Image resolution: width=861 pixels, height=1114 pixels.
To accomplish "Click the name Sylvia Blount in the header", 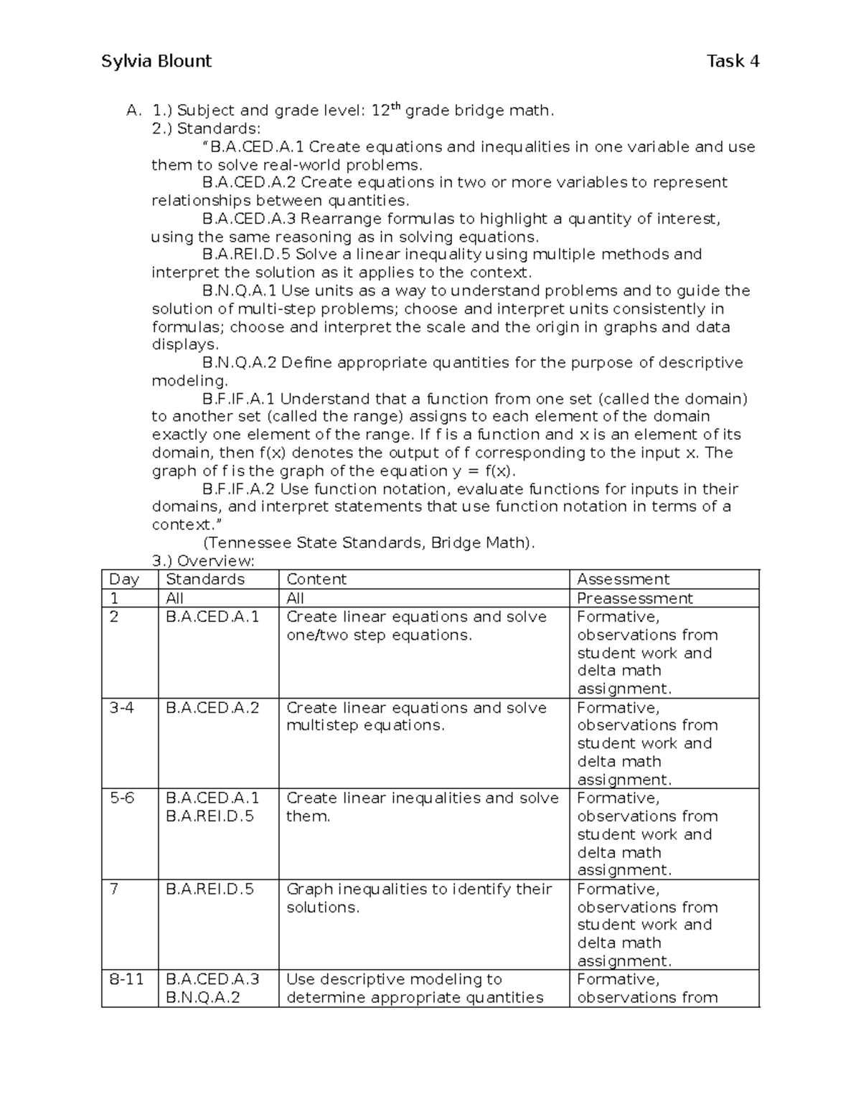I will coord(156,62).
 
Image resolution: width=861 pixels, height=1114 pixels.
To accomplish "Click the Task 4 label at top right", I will coord(733,62).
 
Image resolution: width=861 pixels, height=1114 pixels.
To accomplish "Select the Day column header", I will coord(124,580).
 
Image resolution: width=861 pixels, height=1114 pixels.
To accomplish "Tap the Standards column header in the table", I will coord(205,580).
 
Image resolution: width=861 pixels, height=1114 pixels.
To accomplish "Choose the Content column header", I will coord(316,580).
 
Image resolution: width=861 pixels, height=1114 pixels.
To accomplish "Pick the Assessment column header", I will coord(623,580).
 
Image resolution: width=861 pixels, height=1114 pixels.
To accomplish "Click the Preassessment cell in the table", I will coord(634,598).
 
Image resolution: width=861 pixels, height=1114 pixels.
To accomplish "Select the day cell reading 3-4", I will coord(122,708).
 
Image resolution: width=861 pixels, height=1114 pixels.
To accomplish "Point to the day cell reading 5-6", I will coord(122,798).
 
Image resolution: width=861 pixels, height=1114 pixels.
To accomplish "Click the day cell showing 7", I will coord(114,889).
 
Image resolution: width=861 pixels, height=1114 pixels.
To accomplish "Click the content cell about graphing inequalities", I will coord(419,898).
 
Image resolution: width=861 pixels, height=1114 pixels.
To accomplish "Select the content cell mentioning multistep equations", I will coord(416,717).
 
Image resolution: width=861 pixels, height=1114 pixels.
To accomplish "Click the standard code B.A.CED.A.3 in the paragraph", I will coord(249,219).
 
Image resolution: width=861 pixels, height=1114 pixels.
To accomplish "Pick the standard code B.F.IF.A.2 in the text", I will coord(239,489).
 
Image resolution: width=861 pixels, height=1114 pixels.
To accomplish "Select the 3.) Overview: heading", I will coord(203,561).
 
